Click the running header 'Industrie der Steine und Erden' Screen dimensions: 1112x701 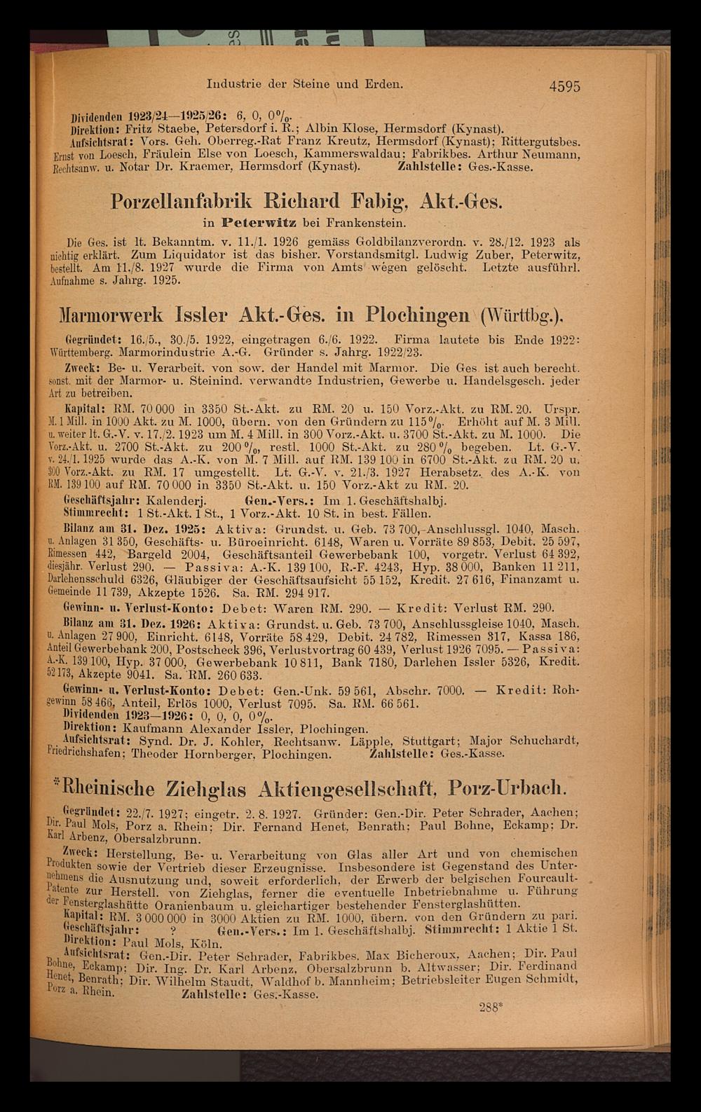305,84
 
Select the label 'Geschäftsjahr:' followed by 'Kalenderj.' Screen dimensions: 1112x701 103,502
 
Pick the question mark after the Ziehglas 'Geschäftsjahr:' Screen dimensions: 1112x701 172,931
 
